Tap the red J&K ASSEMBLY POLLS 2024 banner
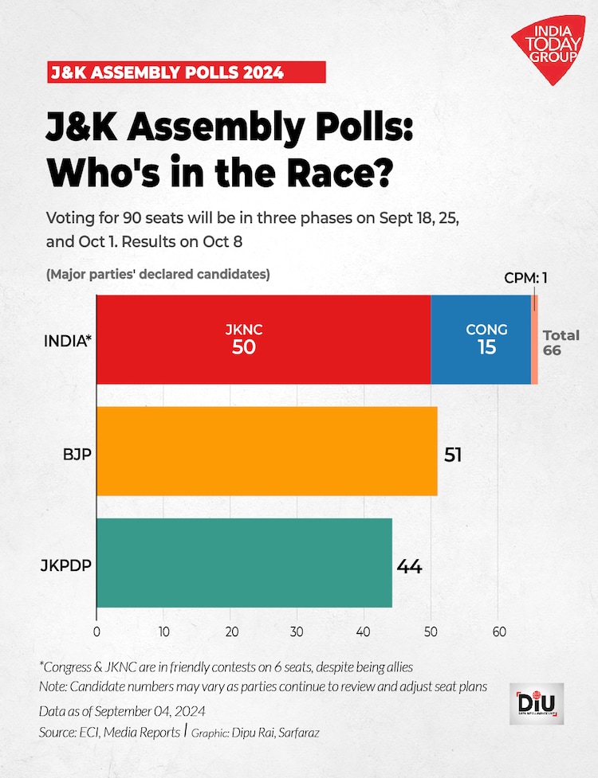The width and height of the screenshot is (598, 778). pyautogui.click(x=186, y=72)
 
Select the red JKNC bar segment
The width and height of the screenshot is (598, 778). pyautogui.click(x=263, y=340)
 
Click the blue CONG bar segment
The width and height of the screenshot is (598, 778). pyautogui.click(x=481, y=340)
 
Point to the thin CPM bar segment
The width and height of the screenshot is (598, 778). pyautogui.click(x=534, y=340)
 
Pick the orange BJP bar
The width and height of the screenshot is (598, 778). pyautogui.click(x=267, y=452)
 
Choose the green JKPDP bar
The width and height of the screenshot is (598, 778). pyautogui.click(x=244, y=563)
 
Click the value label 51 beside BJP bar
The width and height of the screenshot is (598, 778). pyautogui.click(x=453, y=455)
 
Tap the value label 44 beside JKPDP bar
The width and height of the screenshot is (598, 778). pyautogui.click(x=408, y=566)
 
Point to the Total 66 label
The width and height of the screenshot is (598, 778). pyautogui.click(x=561, y=342)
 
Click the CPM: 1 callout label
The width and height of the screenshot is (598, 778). pyautogui.click(x=530, y=278)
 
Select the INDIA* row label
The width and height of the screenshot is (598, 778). pyautogui.click(x=67, y=341)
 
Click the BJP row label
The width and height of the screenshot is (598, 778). pyautogui.click(x=76, y=455)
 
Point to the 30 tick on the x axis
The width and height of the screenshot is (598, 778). pyautogui.click(x=297, y=631)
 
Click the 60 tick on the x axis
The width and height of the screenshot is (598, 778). pyautogui.click(x=498, y=631)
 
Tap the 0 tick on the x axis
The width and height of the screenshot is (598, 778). pyautogui.click(x=96, y=631)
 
